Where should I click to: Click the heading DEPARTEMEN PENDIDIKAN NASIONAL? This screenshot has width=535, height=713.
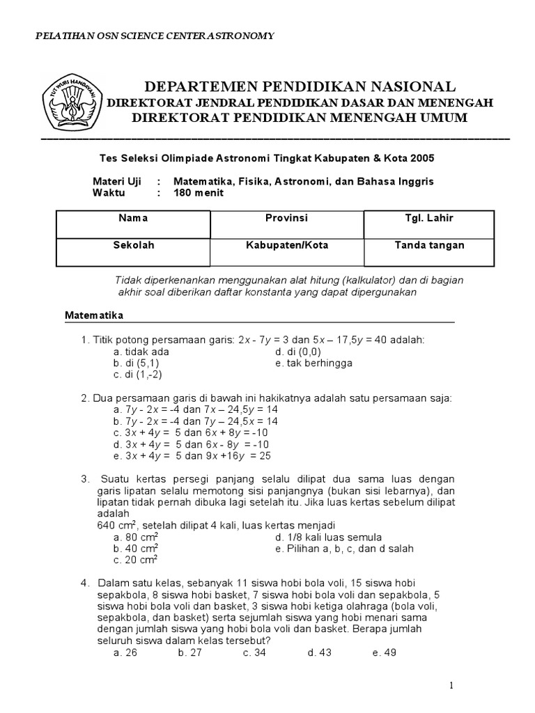tap(300, 86)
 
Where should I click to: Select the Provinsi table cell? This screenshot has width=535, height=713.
tap(286, 224)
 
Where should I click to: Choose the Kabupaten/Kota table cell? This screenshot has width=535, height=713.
tap(286, 251)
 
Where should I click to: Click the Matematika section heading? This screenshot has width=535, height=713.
tap(94, 315)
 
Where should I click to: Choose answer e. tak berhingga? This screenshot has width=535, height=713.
tap(313, 363)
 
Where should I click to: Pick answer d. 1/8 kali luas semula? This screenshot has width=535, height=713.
tap(328, 537)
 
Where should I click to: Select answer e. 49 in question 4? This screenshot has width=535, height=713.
tap(384, 652)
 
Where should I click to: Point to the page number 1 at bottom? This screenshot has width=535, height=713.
tap(451, 686)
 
